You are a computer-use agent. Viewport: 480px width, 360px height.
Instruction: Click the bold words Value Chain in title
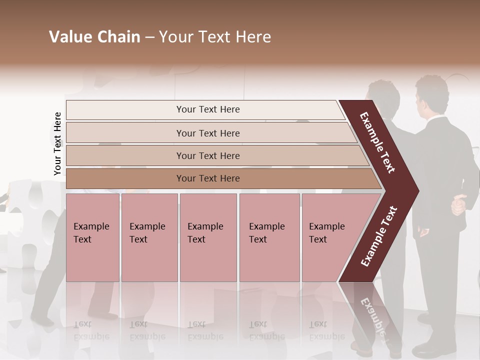point(94,37)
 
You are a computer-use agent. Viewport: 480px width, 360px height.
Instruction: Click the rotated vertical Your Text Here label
point(57,143)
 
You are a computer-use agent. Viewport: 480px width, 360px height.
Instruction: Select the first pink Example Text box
point(92,237)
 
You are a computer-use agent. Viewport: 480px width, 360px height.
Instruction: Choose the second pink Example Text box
point(149,237)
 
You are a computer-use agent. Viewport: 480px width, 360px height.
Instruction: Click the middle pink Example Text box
point(208,237)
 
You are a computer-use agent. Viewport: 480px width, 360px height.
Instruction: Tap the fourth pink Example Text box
point(269,237)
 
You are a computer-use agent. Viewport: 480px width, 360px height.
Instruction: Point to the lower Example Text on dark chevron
point(379,236)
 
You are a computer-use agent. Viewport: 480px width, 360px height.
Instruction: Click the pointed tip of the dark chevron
point(417,191)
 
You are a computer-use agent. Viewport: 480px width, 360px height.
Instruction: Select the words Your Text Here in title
point(215,37)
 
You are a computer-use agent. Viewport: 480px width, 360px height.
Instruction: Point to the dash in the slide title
point(149,37)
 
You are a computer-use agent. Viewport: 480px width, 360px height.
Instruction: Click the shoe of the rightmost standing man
point(428,348)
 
